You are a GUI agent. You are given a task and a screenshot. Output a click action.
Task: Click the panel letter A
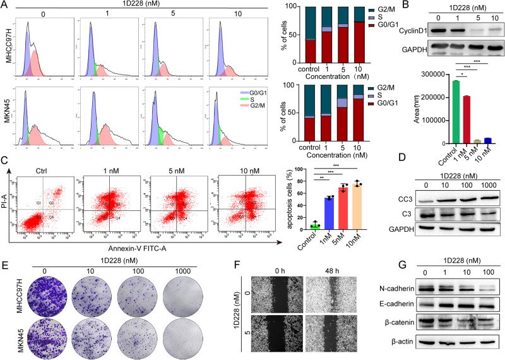(5, 6)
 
